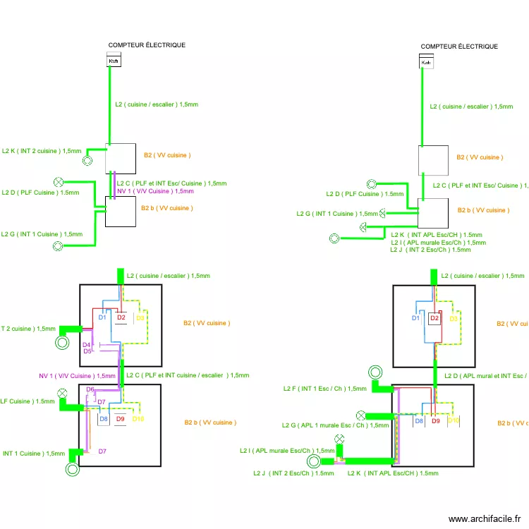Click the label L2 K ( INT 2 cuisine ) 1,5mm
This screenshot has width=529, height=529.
[x=42, y=151]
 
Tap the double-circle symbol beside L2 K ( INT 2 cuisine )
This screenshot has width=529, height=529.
[x=87, y=160]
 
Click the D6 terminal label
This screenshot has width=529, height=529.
[x=90, y=389]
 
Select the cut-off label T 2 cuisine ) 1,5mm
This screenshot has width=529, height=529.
[x=28, y=329]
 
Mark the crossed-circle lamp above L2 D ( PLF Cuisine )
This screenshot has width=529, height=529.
[x=59, y=181]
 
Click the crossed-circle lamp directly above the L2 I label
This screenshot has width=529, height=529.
[x=340, y=439]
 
